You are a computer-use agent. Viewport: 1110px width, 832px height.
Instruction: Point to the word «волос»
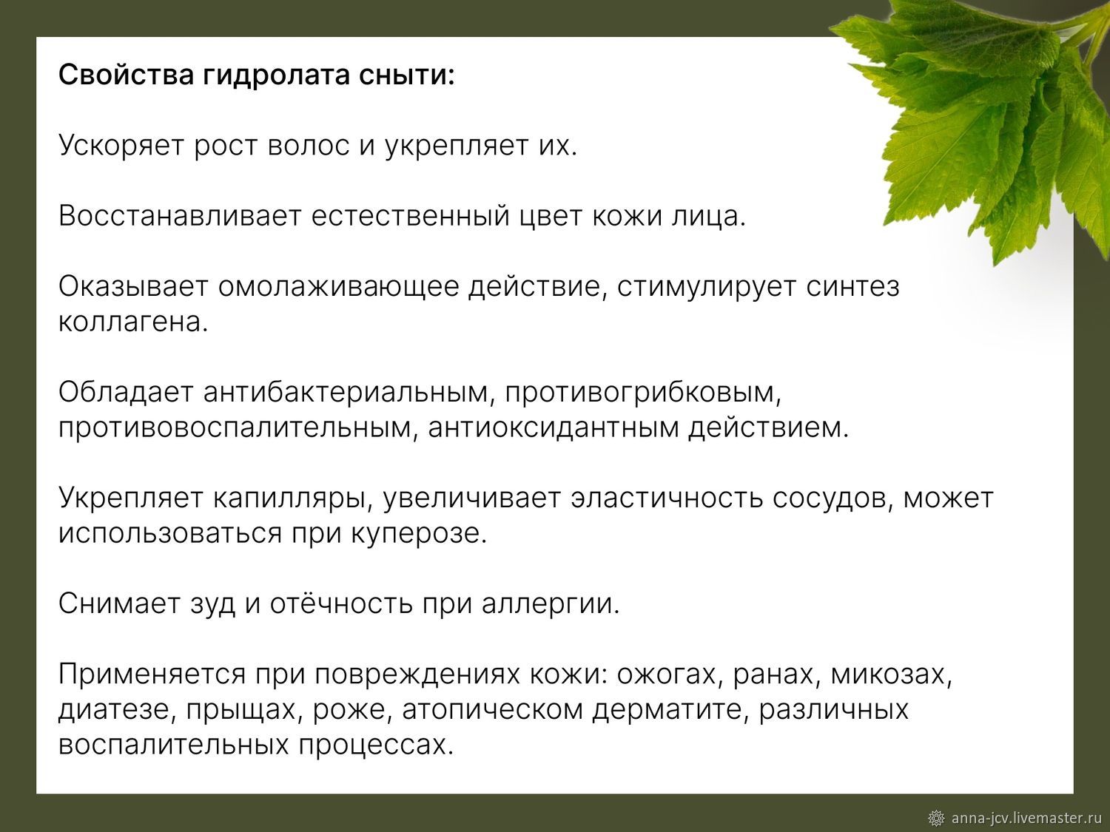[x=308, y=146]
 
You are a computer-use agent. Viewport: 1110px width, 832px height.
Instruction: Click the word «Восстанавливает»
[x=180, y=216]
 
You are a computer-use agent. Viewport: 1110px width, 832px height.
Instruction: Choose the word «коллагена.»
[x=133, y=322]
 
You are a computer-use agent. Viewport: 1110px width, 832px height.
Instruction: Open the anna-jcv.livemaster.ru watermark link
[x=1026, y=817]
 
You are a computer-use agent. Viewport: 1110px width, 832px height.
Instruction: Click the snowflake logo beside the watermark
[x=937, y=818]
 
